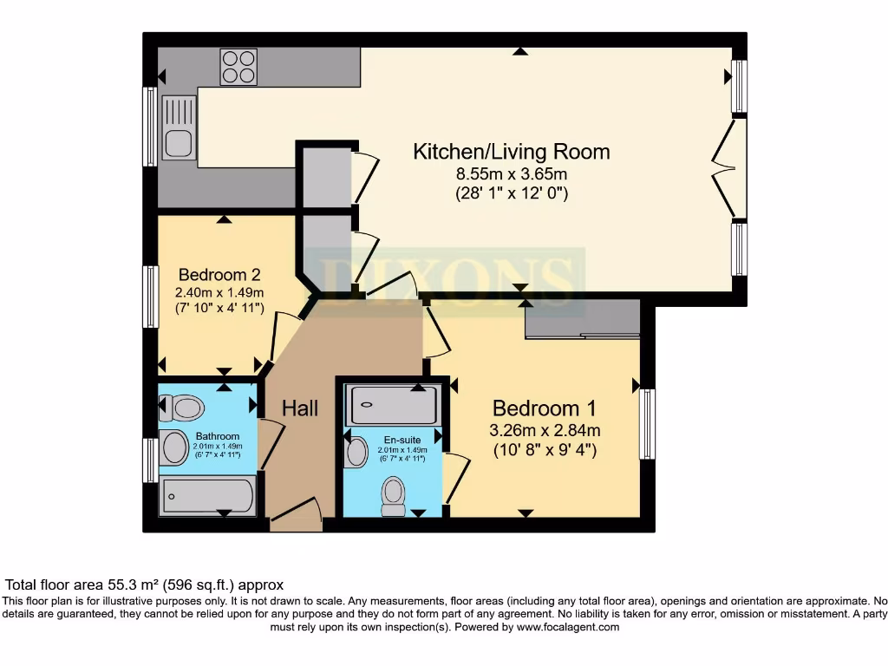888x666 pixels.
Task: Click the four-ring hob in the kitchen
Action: click(238, 66)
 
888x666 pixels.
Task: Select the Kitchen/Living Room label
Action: click(511, 152)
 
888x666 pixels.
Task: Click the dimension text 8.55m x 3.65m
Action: click(511, 174)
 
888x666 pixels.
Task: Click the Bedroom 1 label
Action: click(544, 408)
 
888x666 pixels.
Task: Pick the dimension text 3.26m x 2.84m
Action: click(545, 430)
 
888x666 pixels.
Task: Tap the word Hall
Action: click(300, 408)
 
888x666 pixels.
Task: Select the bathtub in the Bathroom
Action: click(208, 496)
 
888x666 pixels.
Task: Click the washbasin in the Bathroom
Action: click(176, 448)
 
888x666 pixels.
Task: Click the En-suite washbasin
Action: click(356, 452)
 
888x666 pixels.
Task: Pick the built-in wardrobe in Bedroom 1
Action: click(582, 320)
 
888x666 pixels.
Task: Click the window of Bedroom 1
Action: click(647, 423)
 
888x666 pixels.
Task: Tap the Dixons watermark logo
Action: click(452, 276)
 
